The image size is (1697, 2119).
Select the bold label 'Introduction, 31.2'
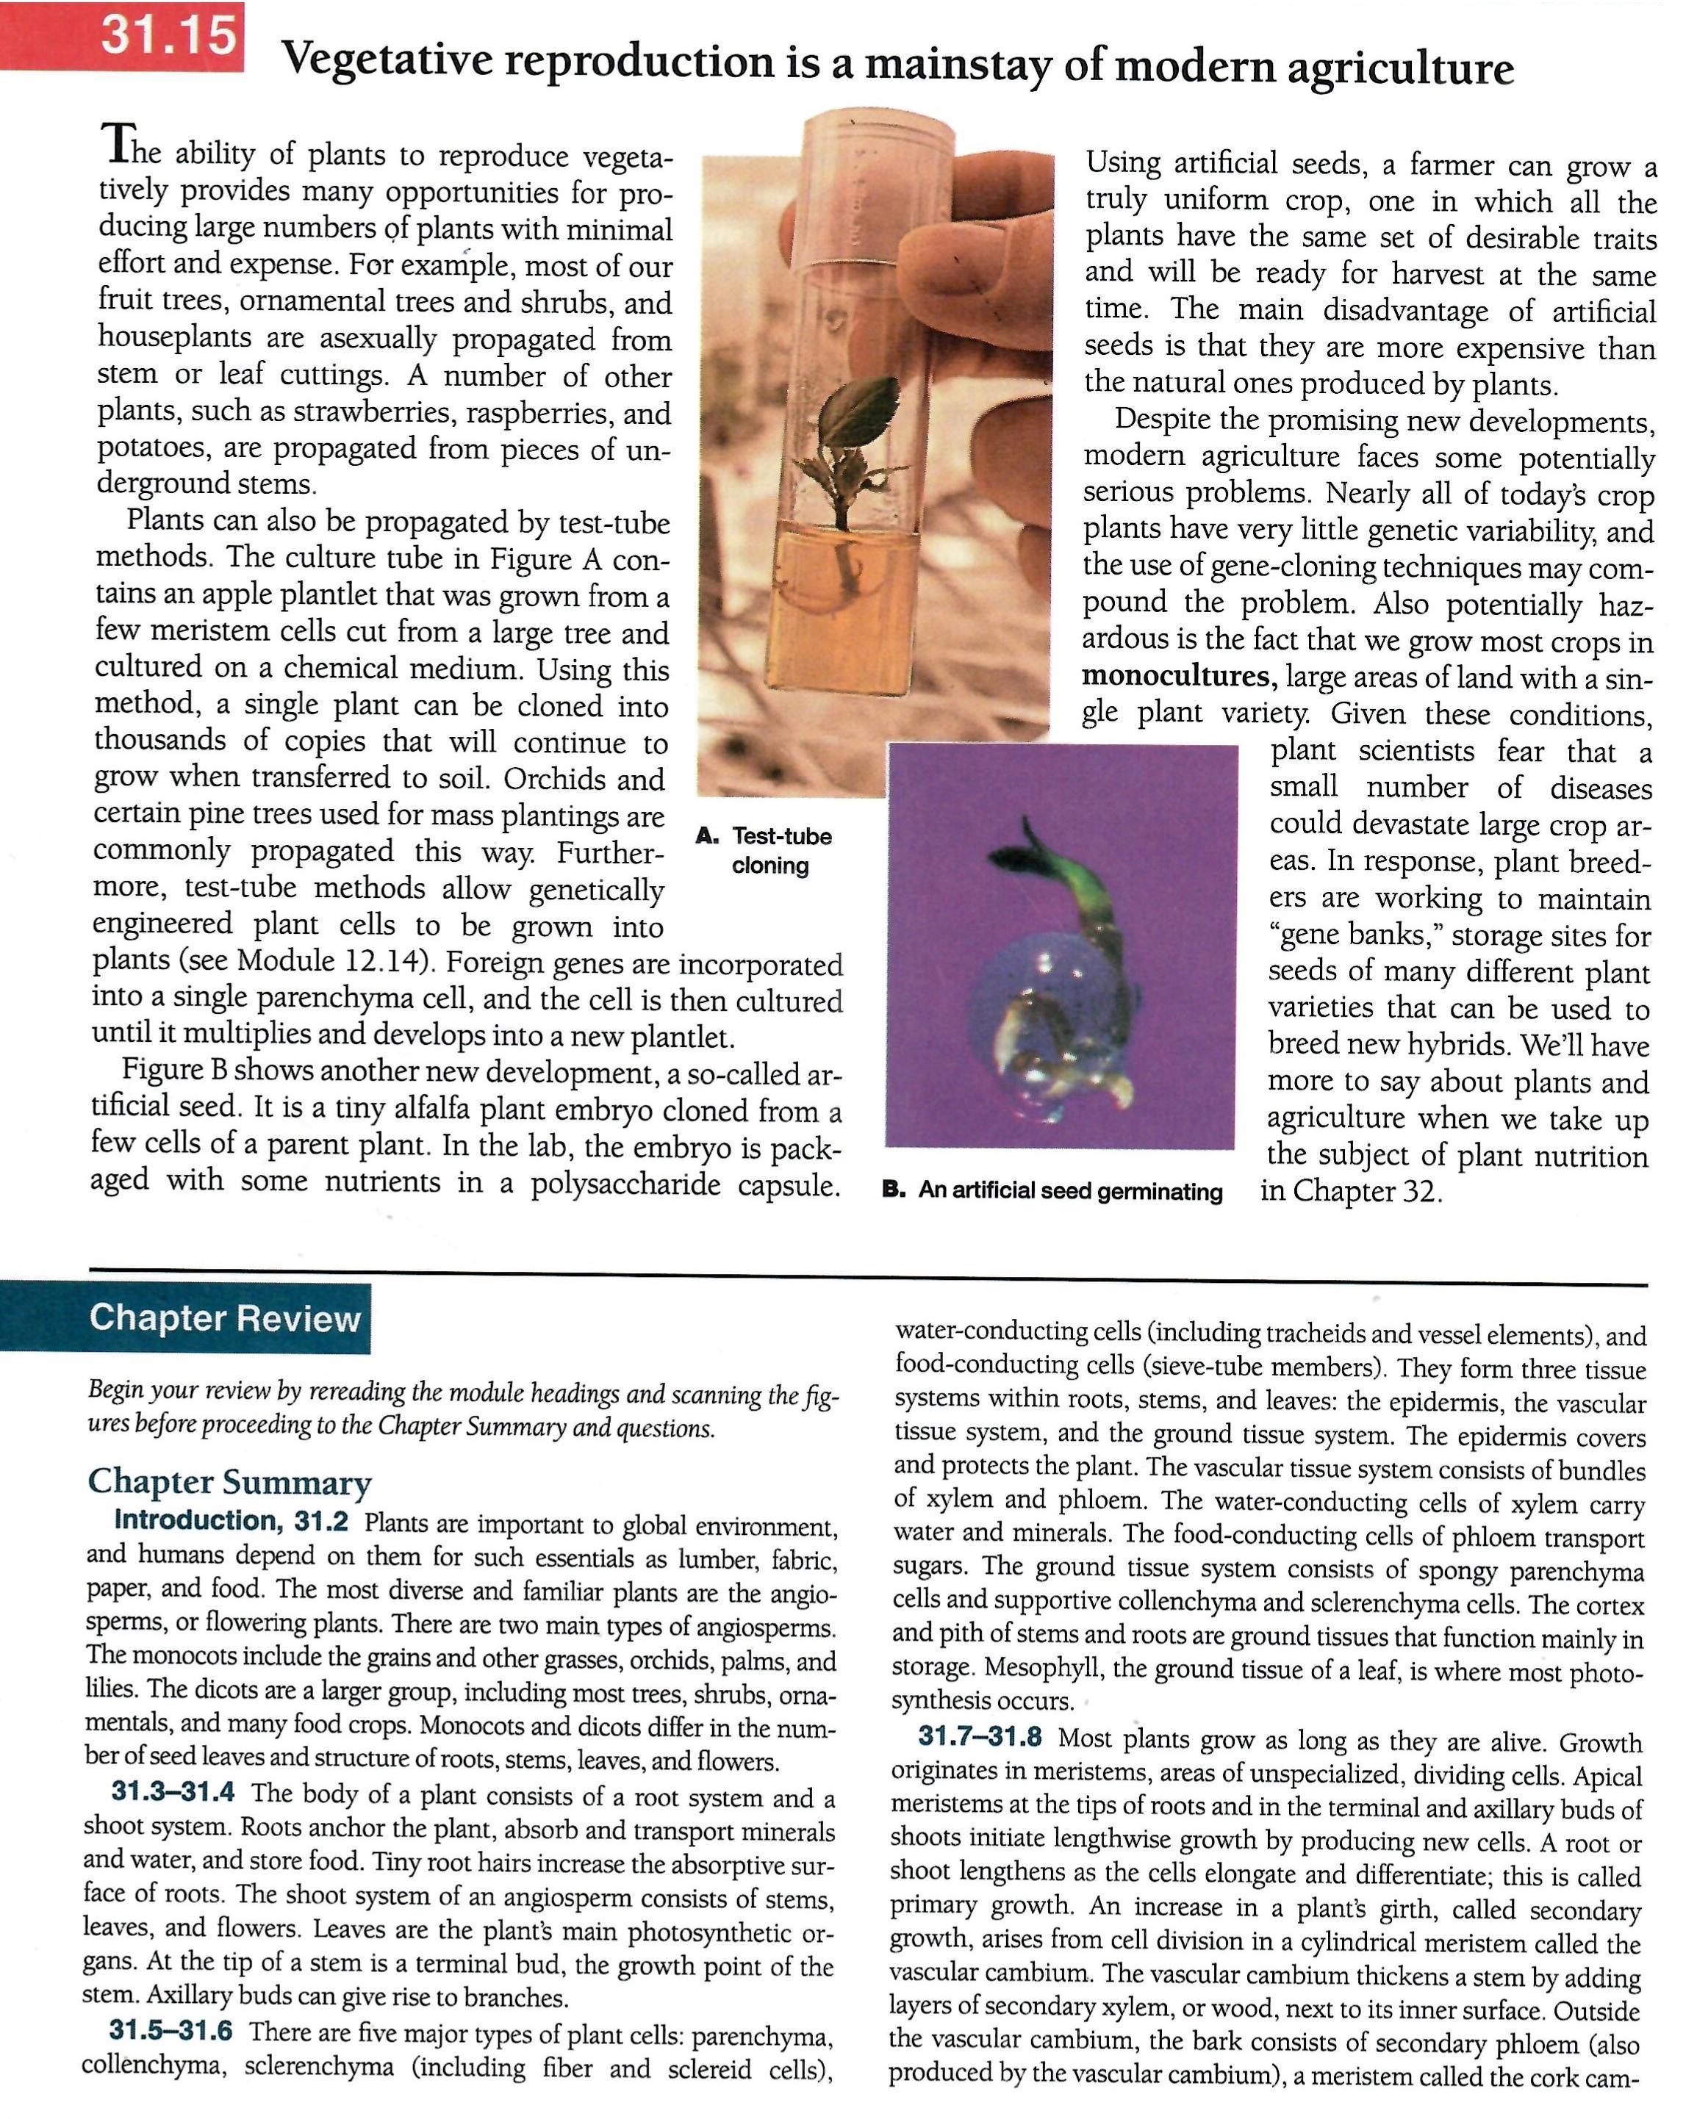click(x=231, y=1522)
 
